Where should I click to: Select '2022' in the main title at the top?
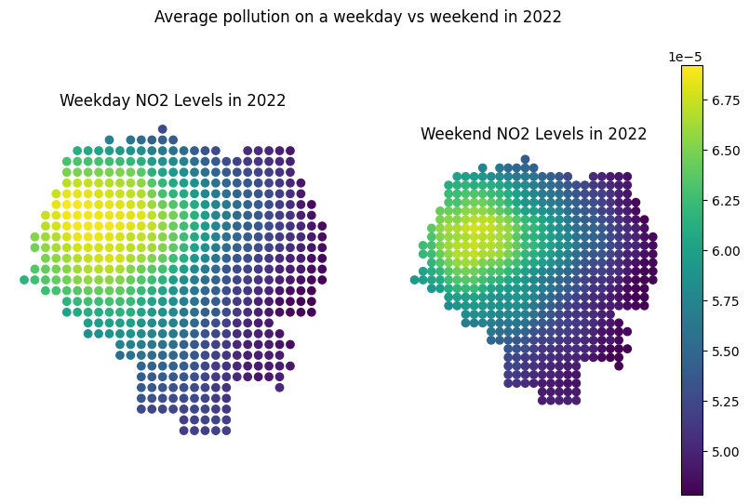(543, 17)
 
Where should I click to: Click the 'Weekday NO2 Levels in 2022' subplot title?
(172, 100)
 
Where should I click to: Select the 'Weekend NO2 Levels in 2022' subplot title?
(533, 134)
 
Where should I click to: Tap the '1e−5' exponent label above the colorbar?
(686, 57)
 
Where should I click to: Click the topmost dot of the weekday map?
(163, 129)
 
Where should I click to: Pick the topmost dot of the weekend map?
(525, 159)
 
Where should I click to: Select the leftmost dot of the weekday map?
(24, 279)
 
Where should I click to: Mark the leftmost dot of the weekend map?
(414, 279)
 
